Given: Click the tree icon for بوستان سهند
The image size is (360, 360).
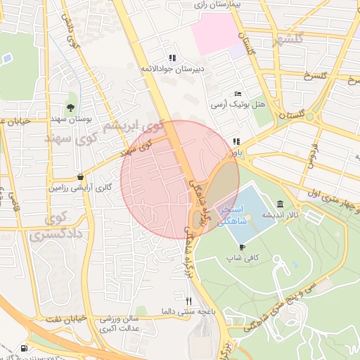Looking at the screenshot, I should tap(71, 108).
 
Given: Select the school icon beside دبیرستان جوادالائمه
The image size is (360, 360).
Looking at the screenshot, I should tap(172, 58).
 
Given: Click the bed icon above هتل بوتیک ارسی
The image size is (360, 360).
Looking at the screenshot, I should tap(238, 94).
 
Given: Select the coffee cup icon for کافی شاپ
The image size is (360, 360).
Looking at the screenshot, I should tap(243, 247).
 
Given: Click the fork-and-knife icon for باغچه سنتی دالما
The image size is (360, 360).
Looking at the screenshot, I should tap(188, 301).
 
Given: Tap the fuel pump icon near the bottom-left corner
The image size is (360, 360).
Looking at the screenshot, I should tap(25, 349).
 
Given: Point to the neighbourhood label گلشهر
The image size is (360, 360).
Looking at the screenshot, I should tap(330, 38).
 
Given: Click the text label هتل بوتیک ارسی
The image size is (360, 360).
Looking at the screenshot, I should tap(238, 105).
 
